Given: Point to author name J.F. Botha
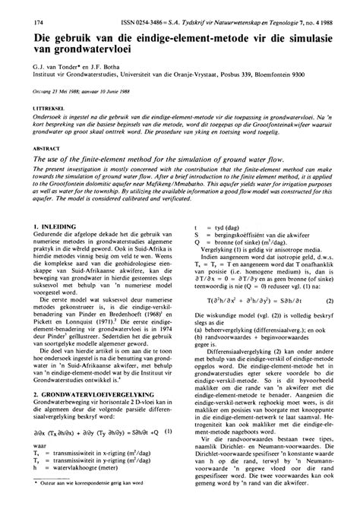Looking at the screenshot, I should [106, 66].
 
